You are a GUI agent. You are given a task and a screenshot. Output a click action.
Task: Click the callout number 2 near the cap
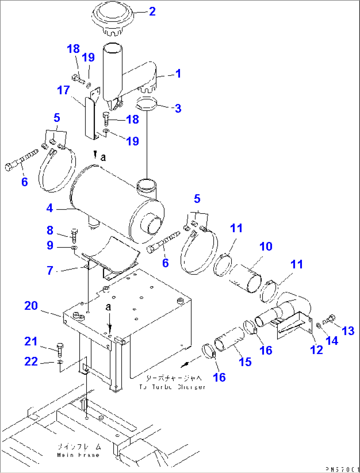(x=152, y=12)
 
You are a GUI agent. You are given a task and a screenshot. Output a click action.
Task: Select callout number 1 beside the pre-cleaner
(x=178, y=73)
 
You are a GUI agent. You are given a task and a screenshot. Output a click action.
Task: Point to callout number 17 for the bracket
(x=63, y=90)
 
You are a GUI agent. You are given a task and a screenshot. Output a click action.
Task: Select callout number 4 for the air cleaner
(x=50, y=208)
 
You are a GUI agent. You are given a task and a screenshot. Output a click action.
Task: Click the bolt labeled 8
(x=74, y=235)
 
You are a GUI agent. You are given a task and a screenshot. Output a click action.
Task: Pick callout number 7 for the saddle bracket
(x=50, y=271)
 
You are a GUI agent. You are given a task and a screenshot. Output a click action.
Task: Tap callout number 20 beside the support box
(x=31, y=306)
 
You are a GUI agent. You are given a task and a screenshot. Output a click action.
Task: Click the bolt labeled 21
(x=60, y=350)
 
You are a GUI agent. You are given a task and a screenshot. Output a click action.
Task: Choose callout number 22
(x=31, y=361)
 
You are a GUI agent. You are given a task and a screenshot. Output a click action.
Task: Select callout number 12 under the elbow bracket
(x=316, y=350)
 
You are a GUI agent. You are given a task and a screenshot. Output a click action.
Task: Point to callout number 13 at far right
(x=348, y=331)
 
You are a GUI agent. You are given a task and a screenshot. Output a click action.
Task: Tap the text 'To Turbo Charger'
(x=172, y=387)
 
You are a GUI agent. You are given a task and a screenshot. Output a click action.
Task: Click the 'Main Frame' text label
(x=78, y=455)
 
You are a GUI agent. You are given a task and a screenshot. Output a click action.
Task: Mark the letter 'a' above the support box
(x=108, y=307)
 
